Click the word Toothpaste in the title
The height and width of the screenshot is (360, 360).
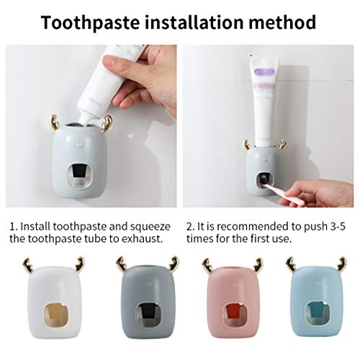point(90,23)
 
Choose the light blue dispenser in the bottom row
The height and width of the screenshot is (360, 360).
point(318,298)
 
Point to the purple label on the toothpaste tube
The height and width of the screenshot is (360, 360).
point(264,71)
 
